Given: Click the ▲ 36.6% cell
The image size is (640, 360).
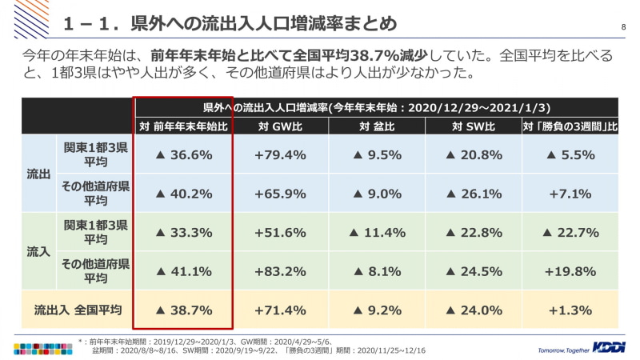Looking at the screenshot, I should [x=183, y=155].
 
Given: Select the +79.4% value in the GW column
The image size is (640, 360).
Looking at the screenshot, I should [x=279, y=155].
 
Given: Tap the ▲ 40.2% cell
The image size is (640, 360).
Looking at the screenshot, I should [x=183, y=193].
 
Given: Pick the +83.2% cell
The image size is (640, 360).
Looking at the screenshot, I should [x=279, y=271].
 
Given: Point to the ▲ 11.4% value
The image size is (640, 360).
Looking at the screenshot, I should [x=377, y=233].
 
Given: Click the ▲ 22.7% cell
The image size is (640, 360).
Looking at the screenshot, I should [x=570, y=233].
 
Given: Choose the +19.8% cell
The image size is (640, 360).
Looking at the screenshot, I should [x=570, y=271].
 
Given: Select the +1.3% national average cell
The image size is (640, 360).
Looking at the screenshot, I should [x=570, y=310].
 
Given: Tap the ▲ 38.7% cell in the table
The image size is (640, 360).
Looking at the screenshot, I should [x=183, y=310].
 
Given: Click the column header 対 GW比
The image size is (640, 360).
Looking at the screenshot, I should [x=279, y=126].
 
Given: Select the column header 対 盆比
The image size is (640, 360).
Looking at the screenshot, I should [x=377, y=126].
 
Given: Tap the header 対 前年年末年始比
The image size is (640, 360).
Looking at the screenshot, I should [x=183, y=126].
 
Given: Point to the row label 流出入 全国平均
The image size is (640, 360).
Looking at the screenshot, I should [x=77, y=310].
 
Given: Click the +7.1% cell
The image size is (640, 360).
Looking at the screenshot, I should [x=570, y=193].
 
